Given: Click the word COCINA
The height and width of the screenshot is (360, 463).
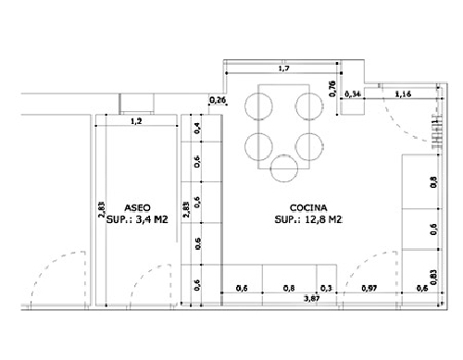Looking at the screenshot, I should [308, 209].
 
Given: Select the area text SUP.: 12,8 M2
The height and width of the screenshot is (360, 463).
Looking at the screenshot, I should [308, 221].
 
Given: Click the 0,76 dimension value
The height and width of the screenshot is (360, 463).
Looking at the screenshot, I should [333, 89].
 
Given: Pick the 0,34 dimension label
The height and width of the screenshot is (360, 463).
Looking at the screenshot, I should [353, 94].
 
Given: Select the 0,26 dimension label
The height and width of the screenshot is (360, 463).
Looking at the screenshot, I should [219, 100].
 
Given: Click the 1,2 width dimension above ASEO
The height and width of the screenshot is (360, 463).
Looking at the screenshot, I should [136, 121].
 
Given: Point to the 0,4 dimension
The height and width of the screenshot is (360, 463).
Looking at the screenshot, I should [197, 129].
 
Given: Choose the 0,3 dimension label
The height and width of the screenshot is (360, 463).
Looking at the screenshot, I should [325, 289].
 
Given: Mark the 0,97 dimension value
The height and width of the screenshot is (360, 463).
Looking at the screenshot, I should [369, 289].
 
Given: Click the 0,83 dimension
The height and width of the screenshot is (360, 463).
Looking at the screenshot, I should [434, 275].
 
